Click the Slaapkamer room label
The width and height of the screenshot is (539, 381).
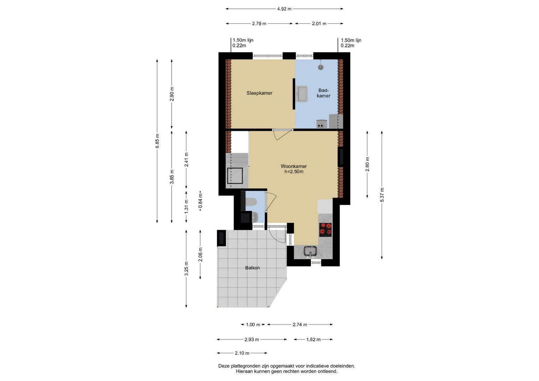259,93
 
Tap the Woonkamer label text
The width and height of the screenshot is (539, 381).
294,166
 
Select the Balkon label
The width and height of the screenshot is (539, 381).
252,268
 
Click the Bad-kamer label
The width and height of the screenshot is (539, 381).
323,93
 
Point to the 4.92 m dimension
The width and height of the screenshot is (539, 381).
284,9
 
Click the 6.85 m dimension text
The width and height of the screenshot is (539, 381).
157,141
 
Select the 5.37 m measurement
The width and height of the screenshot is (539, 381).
382,195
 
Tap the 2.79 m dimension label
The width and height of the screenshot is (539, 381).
259,24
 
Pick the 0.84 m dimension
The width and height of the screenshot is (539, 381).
200,201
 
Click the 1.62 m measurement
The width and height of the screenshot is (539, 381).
313,340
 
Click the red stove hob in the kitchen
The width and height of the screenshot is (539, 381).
325,229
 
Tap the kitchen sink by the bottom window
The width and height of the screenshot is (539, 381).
310,252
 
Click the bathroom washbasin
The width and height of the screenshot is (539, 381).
302,94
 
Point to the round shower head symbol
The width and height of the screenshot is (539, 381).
321,67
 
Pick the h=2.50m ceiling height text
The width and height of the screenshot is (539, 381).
294,172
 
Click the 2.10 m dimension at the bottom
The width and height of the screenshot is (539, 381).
242,353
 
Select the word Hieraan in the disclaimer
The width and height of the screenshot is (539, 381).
244,371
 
